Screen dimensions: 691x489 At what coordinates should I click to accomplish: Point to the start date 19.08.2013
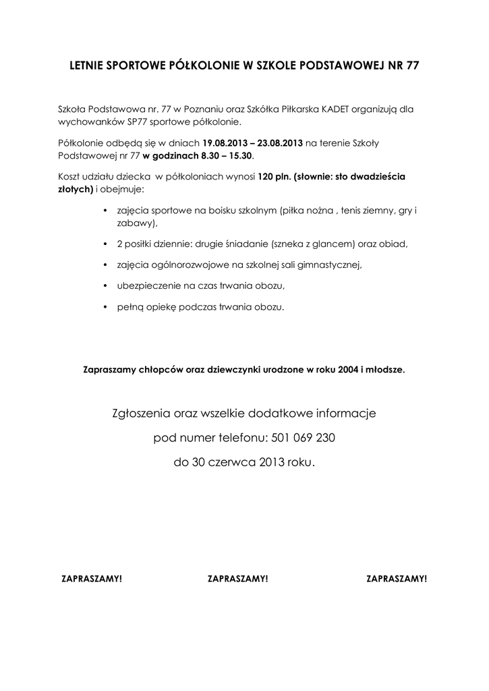click(x=226, y=142)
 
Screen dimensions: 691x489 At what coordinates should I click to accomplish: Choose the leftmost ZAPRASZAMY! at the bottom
click(x=92, y=579)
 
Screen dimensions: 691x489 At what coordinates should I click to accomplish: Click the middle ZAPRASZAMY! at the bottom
click(x=238, y=579)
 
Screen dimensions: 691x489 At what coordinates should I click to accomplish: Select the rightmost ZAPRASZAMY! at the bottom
click(x=397, y=579)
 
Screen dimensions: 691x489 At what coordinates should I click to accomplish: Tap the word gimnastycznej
click(x=332, y=265)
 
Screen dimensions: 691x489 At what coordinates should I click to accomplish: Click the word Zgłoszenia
click(x=140, y=412)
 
